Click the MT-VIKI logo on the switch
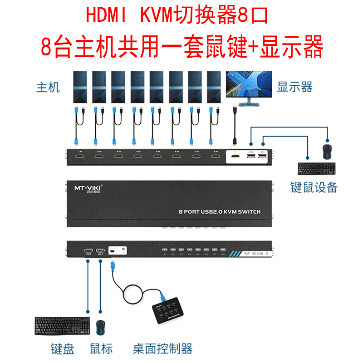pos(88,187)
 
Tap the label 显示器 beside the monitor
pos(295,87)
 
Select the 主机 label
pos(48,87)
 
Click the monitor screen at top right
pos(249,84)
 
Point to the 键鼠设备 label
pos(314,187)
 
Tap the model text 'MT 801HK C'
pos(256,254)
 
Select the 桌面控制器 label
pos(162,348)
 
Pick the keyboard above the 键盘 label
pos(62,326)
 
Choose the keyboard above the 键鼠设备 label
pos(317,168)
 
